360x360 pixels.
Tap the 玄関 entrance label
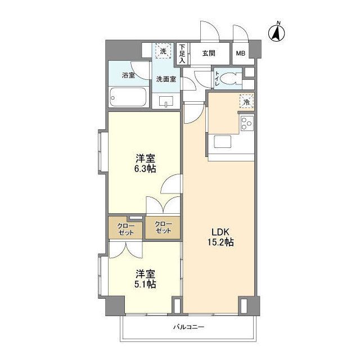click(209, 54)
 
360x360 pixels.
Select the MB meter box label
click(240, 54)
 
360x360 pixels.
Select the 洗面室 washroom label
click(166, 79)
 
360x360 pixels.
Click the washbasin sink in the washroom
click(165, 101)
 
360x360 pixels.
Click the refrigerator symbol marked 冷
click(246, 101)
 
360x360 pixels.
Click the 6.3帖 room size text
click(145, 168)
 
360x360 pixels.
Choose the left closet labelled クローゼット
click(125, 229)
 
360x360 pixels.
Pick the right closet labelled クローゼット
click(163, 228)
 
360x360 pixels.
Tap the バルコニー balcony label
click(188, 327)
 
